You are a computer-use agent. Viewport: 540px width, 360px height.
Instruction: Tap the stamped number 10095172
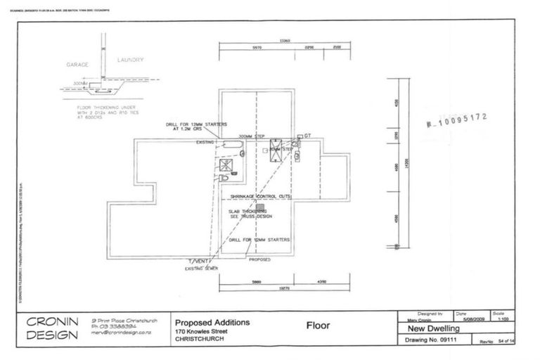click(458, 121)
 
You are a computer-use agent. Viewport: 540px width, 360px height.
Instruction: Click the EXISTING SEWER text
click(198, 268)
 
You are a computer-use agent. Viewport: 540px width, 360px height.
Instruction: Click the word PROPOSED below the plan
click(259, 259)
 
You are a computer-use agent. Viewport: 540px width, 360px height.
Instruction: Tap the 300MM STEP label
click(252, 136)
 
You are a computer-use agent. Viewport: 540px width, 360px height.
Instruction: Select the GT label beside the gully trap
click(307, 135)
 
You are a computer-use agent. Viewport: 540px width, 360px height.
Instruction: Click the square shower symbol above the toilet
click(226, 165)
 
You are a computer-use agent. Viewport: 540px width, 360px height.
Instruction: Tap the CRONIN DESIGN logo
click(52, 328)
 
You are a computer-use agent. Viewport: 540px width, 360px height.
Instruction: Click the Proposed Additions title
click(212, 323)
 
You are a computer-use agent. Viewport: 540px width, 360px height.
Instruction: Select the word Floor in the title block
click(319, 326)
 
